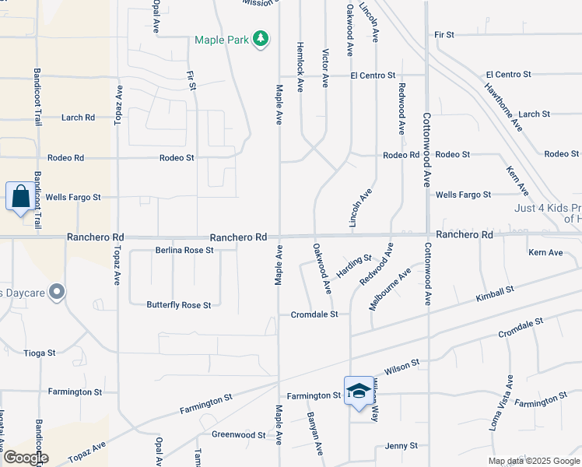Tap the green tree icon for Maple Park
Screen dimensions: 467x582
(262, 37)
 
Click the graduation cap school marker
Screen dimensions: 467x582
(358, 391)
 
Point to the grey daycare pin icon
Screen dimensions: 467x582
(56, 293)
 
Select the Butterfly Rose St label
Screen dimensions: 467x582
(179, 305)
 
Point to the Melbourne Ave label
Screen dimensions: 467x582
(390, 290)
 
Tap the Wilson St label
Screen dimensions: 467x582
(402, 363)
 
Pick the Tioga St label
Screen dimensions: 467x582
(40, 353)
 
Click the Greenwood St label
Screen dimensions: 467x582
(239, 435)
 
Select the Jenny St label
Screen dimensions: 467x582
(401, 446)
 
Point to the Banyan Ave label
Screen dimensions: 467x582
(314, 434)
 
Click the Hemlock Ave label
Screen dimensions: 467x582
(300, 67)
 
